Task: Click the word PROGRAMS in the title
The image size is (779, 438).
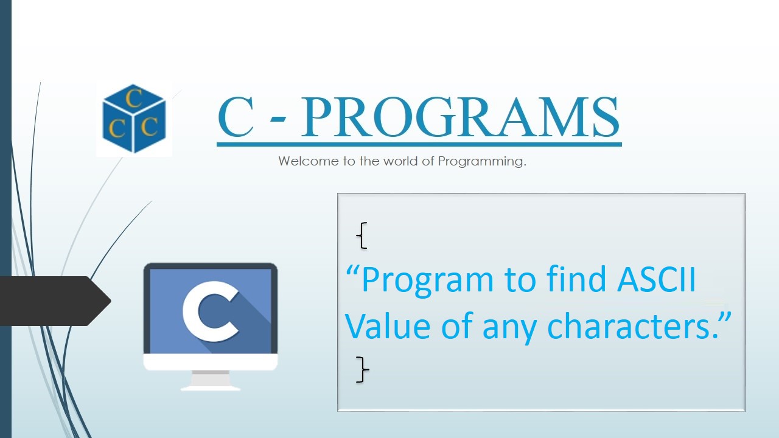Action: coord(460,117)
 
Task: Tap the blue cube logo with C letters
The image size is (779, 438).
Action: coord(134,119)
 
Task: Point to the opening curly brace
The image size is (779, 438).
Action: coord(362,235)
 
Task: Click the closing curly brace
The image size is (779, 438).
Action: coord(363,369)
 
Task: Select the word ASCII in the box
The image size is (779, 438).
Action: coord(657,280)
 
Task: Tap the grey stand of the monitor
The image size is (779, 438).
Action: coord(211,380)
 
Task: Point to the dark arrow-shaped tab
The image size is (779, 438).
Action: coord(52,301)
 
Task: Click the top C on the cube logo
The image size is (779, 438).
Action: coord(134,99)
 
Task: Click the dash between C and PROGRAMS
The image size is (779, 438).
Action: coord(277,122)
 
